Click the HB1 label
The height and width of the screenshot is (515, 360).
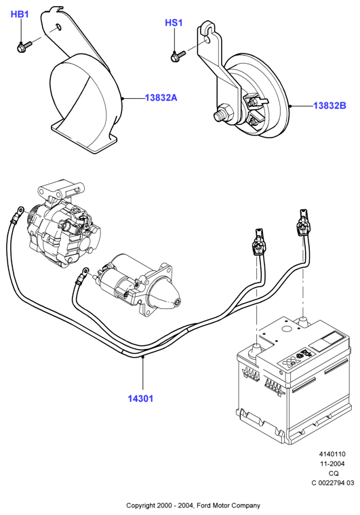point(20,14)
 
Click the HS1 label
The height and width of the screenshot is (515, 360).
point(174,22)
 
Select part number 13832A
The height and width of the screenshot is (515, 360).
point(161,98)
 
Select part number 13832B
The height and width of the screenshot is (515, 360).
point(329,106)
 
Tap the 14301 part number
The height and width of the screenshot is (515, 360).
point(140,398)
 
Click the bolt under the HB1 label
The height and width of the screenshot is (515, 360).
point(24,47)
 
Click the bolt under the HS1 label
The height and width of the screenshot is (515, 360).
point(178,56)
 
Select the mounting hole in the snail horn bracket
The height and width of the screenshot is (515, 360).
point(58,26)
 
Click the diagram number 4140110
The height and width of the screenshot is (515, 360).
point(332,454)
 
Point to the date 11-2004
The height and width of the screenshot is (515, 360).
point(332,464)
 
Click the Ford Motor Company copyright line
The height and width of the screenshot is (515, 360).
point(193,506)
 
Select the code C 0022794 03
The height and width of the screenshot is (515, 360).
point(333,482)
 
